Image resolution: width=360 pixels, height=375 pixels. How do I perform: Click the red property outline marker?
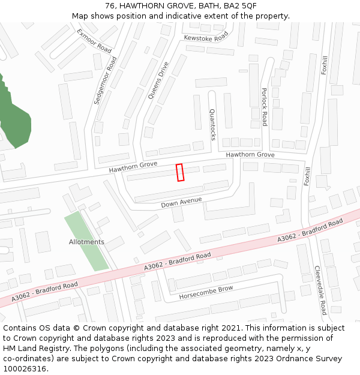pyautogui.click(x=179, y=172)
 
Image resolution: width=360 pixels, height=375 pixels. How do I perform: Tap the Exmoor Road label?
pyautogui.click(x=94, y=40)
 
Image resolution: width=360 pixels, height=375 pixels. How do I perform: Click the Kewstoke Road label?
pyautogui.click(x=206, y=37)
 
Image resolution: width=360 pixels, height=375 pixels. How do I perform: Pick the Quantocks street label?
pyautogui.click(x=212, y=124)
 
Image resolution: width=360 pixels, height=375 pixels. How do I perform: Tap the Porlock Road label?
pyautogui.click(x=264, y=107)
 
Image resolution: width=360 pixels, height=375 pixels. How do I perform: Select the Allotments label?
pyautogui.click(x=86, y=242)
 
